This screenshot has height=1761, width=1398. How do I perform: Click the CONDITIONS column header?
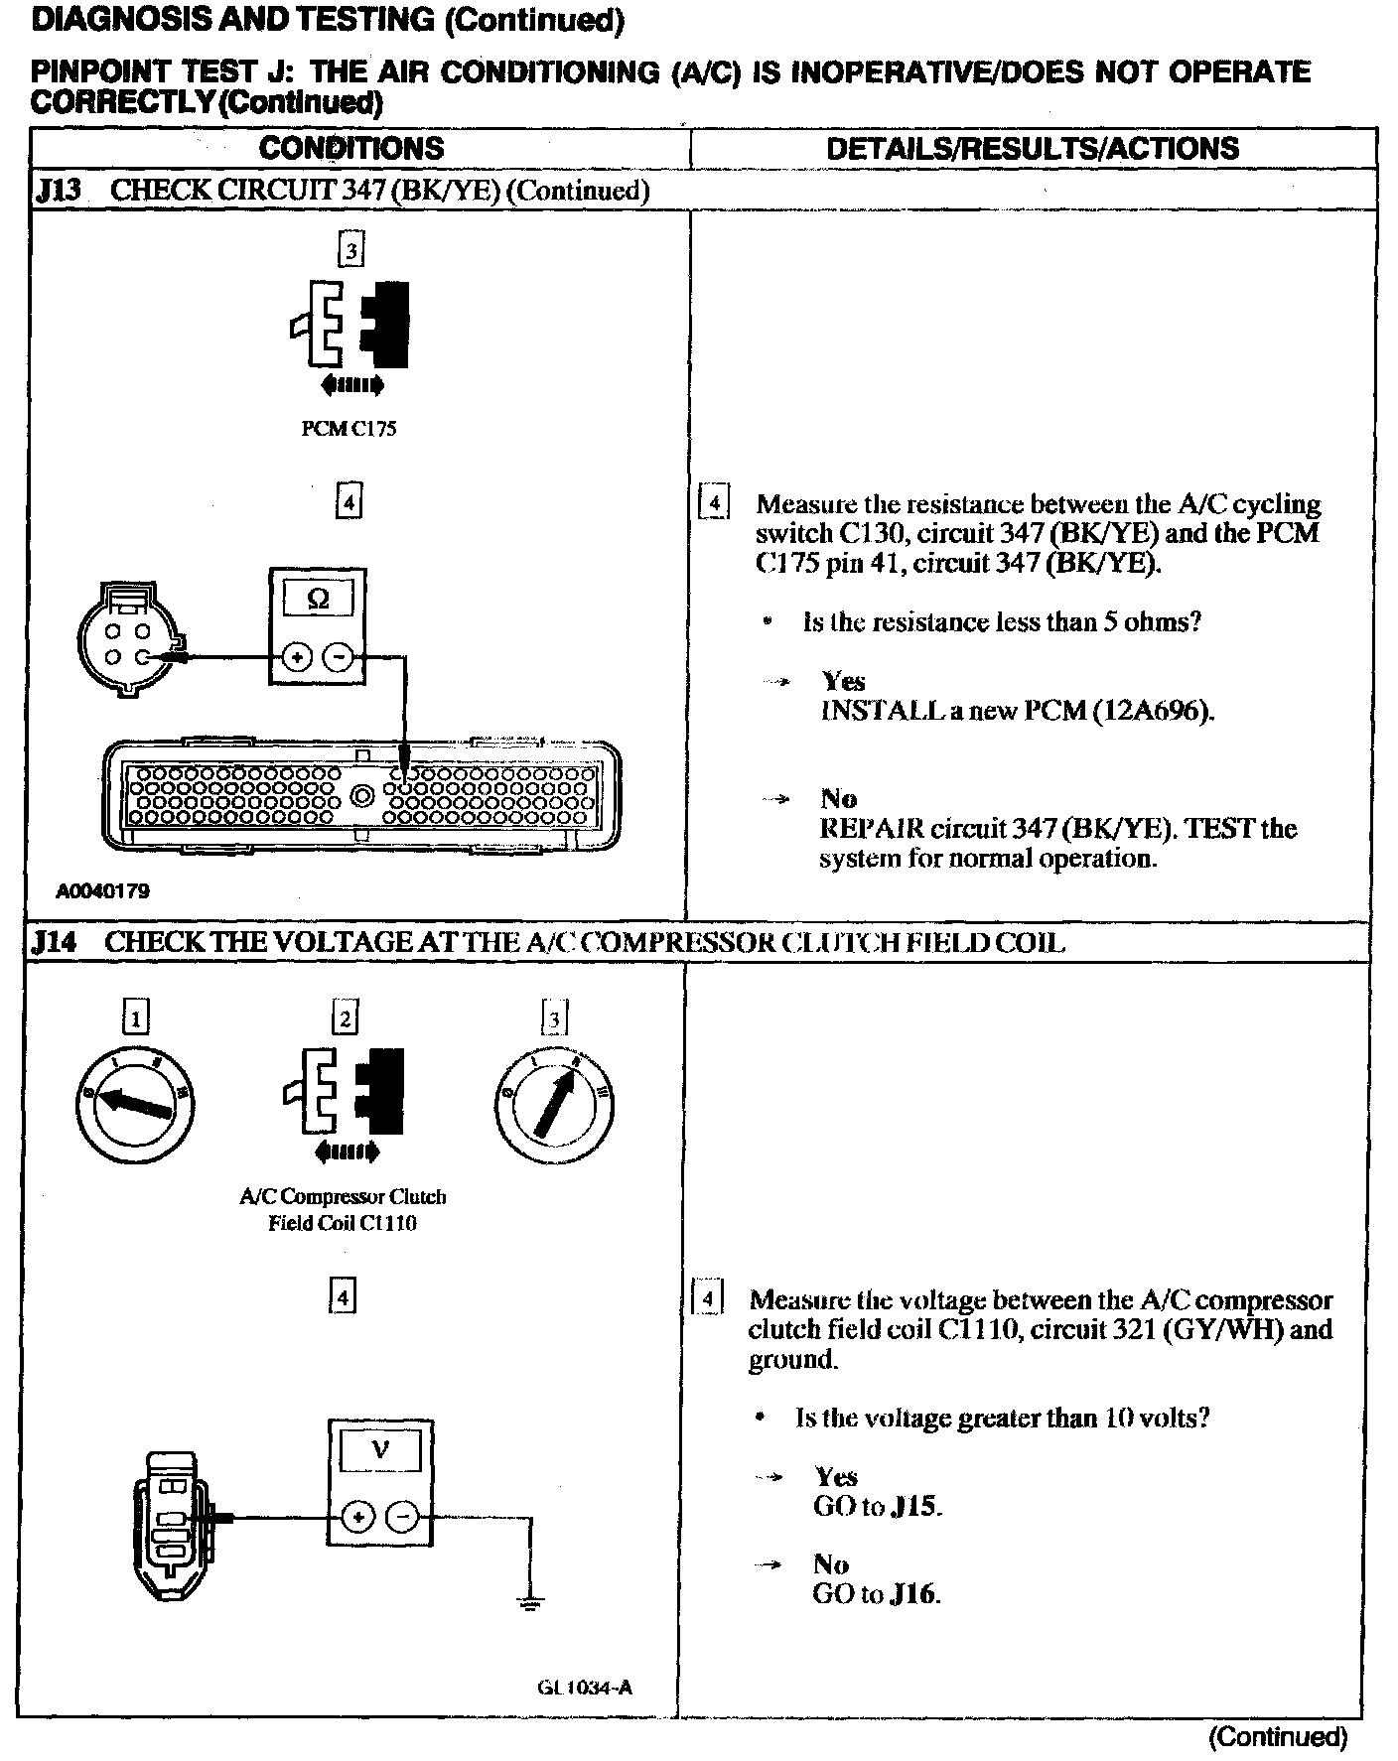tap(351, 149)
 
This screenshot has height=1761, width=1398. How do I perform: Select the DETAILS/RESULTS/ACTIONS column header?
tap(1032, 149)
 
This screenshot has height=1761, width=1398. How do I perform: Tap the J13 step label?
tap(57, 191)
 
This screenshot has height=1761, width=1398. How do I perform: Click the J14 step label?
tap(55, 941)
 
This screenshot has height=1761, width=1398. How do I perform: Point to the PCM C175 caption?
tap(349, 430)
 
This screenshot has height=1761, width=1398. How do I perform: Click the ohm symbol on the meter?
tap(318, 599)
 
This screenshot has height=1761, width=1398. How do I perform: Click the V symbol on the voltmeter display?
tap(380, 1450)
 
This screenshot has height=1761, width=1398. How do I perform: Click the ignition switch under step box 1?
tap(136, 1102)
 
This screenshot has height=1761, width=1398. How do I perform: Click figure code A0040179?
tap(102, 891)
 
